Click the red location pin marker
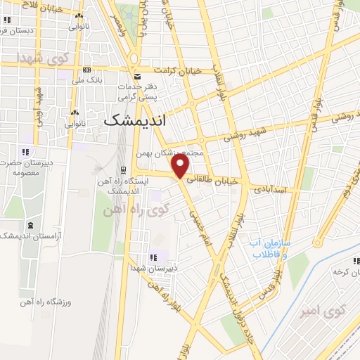click(181, 167)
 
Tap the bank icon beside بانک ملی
click(86, 70)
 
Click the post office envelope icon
click(136, 75)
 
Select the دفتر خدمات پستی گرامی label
click(137, 90)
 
